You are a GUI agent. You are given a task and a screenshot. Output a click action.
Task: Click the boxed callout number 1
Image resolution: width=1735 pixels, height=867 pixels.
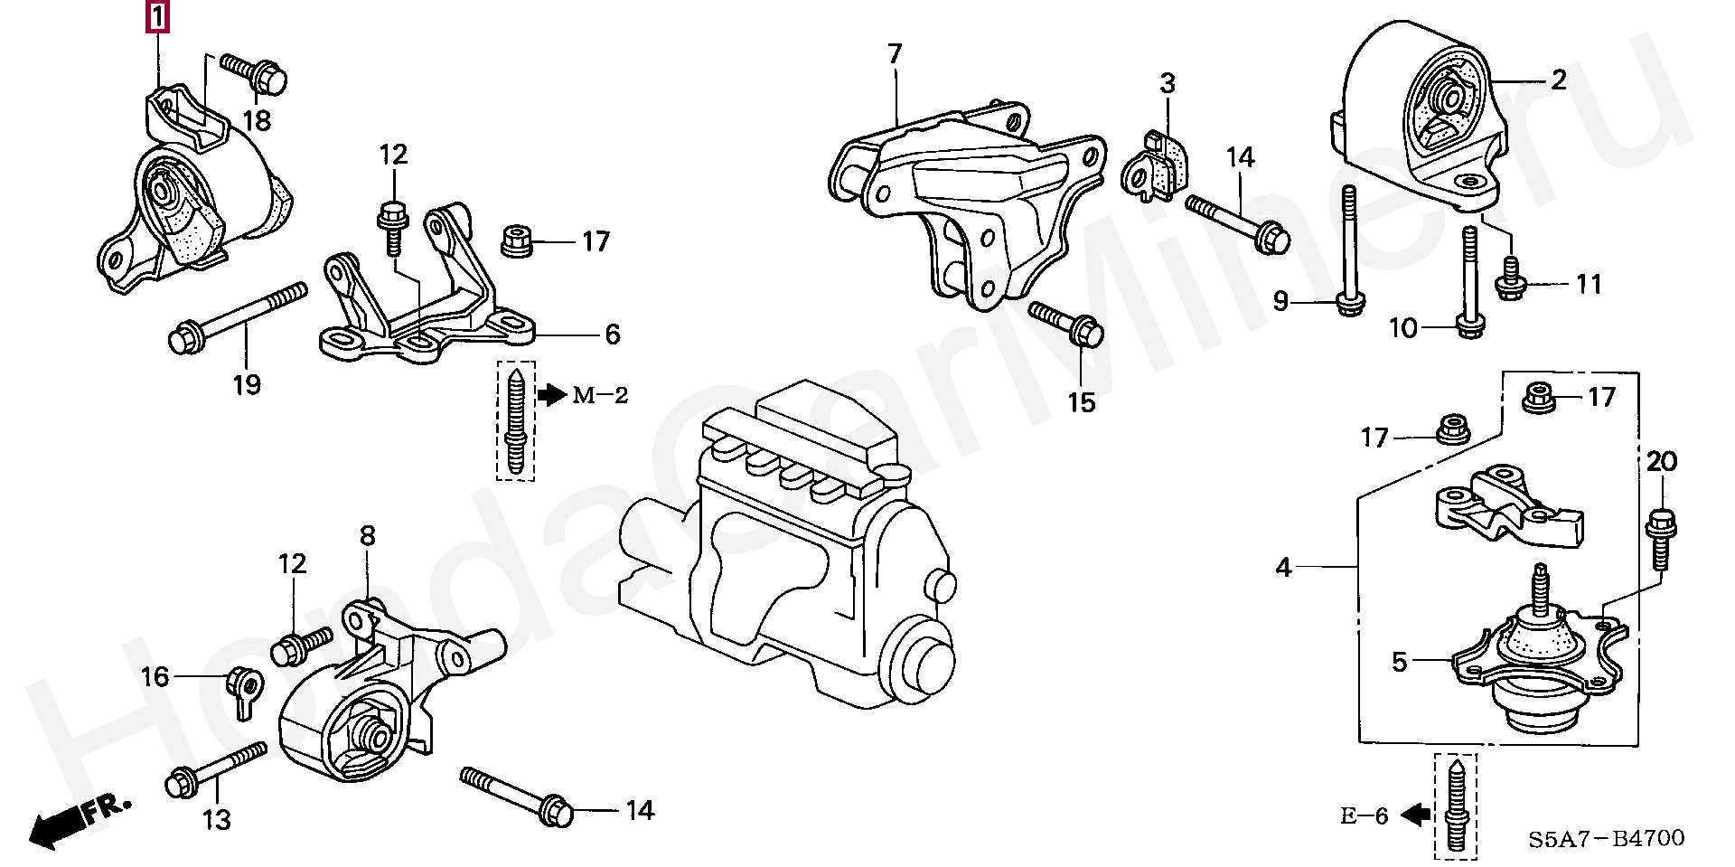(x=157, y=17)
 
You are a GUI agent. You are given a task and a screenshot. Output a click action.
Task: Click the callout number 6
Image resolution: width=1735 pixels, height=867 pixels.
(x=613, y=335)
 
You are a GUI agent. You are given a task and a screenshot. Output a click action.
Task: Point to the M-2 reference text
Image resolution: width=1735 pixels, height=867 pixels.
(x=600, y=395)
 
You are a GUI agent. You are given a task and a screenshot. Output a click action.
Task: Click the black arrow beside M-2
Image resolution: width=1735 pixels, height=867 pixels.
(x=551, y=395)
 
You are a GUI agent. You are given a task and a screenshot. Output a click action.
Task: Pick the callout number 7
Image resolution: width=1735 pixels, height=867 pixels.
(x=895, y=54)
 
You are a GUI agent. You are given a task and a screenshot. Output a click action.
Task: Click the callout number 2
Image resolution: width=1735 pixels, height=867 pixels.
(x=1559, y=80)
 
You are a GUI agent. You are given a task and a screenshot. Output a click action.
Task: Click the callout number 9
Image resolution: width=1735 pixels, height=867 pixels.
(x=1280, y=300)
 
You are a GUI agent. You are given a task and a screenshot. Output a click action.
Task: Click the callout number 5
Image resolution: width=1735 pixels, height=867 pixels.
(x=1400, y=663)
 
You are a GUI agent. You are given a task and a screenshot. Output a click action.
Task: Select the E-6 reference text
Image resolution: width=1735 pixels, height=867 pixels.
(x=1364, y=816)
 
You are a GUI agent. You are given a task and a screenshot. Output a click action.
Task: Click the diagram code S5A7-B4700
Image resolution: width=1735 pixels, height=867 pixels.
(x=1607, y=839)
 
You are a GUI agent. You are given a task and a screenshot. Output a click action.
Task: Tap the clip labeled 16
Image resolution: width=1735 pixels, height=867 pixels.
(x=244, y=691)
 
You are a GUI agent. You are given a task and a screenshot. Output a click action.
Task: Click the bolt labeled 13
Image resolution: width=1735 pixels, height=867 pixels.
(x=217, y=774)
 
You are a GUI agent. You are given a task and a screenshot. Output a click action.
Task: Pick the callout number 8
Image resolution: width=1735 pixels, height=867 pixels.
(x=367, y=536)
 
